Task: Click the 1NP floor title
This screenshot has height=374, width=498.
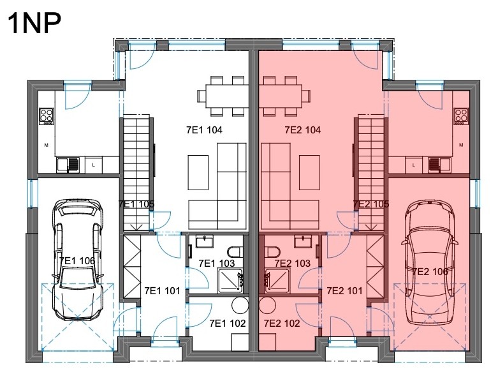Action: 34,23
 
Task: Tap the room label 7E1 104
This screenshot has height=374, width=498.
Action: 204,130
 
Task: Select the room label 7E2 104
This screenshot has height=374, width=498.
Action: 303,130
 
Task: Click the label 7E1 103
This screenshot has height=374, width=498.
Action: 217,263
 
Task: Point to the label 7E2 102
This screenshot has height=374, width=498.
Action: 282,323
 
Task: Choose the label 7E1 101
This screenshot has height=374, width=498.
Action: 163,291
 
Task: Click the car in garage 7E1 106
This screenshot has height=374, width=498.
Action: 78,260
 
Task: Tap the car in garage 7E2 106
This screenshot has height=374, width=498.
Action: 429,262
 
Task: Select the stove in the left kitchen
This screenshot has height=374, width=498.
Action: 47,116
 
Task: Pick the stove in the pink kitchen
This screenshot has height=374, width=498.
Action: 461,116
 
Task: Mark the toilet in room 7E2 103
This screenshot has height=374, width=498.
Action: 272,252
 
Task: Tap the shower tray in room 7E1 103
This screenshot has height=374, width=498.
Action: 230,281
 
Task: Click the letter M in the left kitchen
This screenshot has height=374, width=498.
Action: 47,146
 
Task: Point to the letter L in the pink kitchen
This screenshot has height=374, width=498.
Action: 414,165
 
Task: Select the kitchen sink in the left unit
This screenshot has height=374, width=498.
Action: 68,165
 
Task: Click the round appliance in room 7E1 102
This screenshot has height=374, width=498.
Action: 240,305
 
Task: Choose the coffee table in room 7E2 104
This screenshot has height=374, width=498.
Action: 309,172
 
